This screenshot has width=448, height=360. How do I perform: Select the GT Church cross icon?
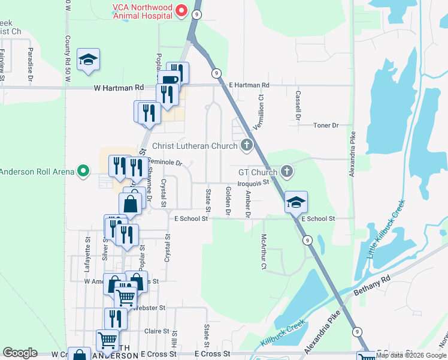pyautogui.click(x=287, y=172)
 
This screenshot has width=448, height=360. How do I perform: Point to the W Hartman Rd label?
pyautogui.click(x=119, y=88)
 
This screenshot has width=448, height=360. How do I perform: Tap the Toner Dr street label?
pyautogui.click(x=326, y=125)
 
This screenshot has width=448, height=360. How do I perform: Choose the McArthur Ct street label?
pyautogui.click(x=262, y=253)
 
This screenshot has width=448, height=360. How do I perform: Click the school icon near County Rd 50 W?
pyautogui.click(x=89, y=60)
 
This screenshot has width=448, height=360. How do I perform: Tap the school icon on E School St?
pyautogui.click(x=296, y=202)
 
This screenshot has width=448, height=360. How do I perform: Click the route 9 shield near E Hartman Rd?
pyautogui.click(x=214, y=73)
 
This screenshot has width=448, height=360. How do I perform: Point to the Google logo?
pyautogui.click(x=20, y=353)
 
